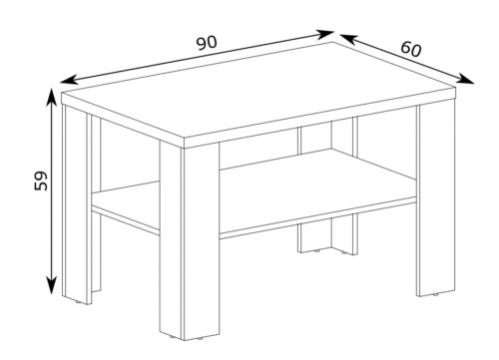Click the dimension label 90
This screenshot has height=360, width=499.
click(x=207, y=43)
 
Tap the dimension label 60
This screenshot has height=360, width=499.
click(x=411, y=49)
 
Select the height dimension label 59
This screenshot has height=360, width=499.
click(x=41, y=180)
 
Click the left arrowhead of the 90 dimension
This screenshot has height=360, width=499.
click(x=69, y=80)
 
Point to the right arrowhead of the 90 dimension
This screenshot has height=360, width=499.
click(x=324, y=34)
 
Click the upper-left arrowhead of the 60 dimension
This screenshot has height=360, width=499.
click(x=348, y=38)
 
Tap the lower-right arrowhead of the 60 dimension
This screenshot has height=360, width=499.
click(x=465, y=79)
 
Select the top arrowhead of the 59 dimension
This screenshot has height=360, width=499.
click(x=51, y=98)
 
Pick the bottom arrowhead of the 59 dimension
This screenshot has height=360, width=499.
click(x=51, y=285)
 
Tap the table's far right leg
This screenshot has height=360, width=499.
click(x=436, y=199)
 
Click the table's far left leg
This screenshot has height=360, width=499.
click(x=77, y=202)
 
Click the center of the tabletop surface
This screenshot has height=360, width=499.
click(x=258, y=94)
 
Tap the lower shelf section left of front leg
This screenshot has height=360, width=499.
click(x=126, y=203)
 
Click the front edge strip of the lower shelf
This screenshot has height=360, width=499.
click(x=317, y=217)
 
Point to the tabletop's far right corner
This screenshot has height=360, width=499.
click(x=455, y=88)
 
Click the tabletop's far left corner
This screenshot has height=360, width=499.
click(x=62, y=93)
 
